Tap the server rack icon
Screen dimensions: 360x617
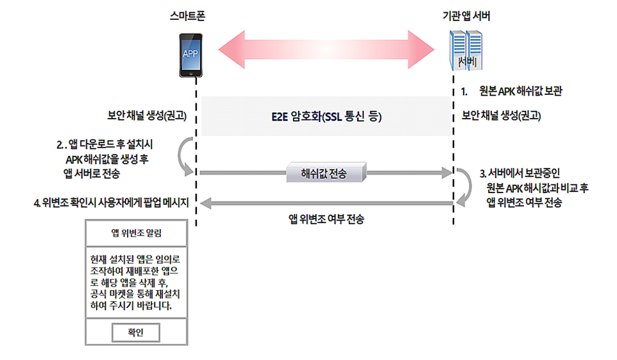click(467, 51)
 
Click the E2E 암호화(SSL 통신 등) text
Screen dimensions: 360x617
click(326, 117)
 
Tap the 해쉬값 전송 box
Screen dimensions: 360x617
click(327, 172)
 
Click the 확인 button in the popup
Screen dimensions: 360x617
click(136, 332)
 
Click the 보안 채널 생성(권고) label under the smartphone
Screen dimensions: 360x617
click(146, 116)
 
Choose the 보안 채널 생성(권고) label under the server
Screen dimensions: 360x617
click(501, 116)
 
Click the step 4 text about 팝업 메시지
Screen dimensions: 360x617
click(112, 203)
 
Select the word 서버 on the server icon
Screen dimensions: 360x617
click(467, 62)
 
